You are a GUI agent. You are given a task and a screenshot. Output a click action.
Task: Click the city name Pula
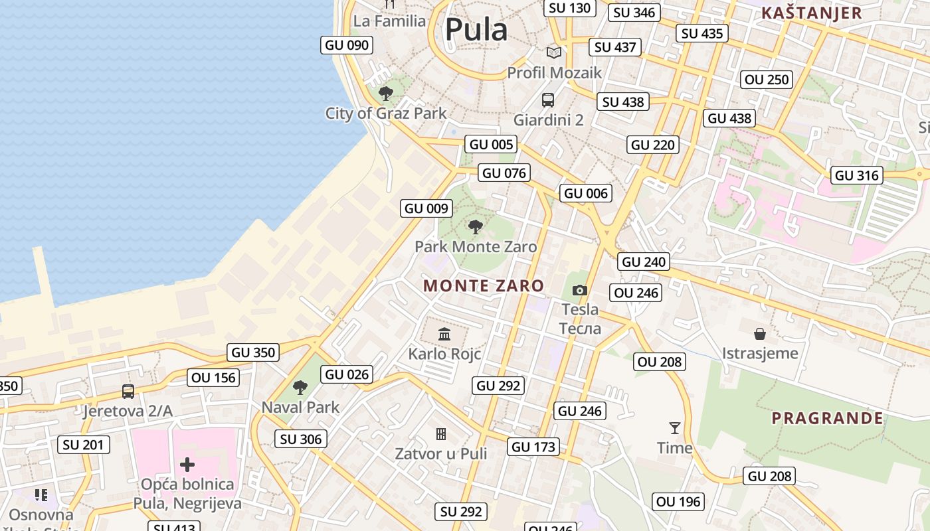click(476, 29)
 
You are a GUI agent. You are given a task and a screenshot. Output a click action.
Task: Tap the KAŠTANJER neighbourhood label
click(811, 13)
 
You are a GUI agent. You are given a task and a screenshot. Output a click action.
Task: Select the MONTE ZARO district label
click(484, 286)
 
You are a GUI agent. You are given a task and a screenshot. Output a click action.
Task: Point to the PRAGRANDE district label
click(827, 418)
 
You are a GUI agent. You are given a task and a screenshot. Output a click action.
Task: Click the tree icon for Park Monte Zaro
click(475, 227)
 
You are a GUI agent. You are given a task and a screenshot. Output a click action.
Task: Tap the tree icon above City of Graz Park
click(385, 93)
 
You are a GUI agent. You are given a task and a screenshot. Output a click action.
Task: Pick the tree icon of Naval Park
click(300, 387)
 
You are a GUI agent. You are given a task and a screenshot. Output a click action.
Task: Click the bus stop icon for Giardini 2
click(548, 100)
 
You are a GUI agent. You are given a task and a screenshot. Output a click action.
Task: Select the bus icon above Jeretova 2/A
click(128, 392)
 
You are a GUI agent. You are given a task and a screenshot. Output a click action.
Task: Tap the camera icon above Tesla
click(580, 290)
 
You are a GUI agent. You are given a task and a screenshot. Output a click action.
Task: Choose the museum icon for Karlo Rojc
click(444, 333)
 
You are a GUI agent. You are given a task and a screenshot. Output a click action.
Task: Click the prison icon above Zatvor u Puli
click(440, 434)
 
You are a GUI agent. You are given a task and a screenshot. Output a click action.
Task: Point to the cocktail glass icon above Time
click(675, 428)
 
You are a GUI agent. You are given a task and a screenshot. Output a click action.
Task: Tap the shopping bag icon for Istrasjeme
click(760, 333)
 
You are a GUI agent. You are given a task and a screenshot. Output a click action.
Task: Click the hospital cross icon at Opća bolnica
click(187, 464)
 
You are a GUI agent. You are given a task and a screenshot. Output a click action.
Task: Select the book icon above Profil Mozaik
click(554, 52)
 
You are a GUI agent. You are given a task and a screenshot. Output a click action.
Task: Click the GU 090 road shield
click(347, 45)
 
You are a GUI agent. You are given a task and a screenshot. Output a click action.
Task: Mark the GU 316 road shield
click(857, 175)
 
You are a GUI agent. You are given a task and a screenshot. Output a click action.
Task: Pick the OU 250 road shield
click(767, 80)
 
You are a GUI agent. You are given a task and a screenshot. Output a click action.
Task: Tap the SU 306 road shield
click(301, 439)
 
